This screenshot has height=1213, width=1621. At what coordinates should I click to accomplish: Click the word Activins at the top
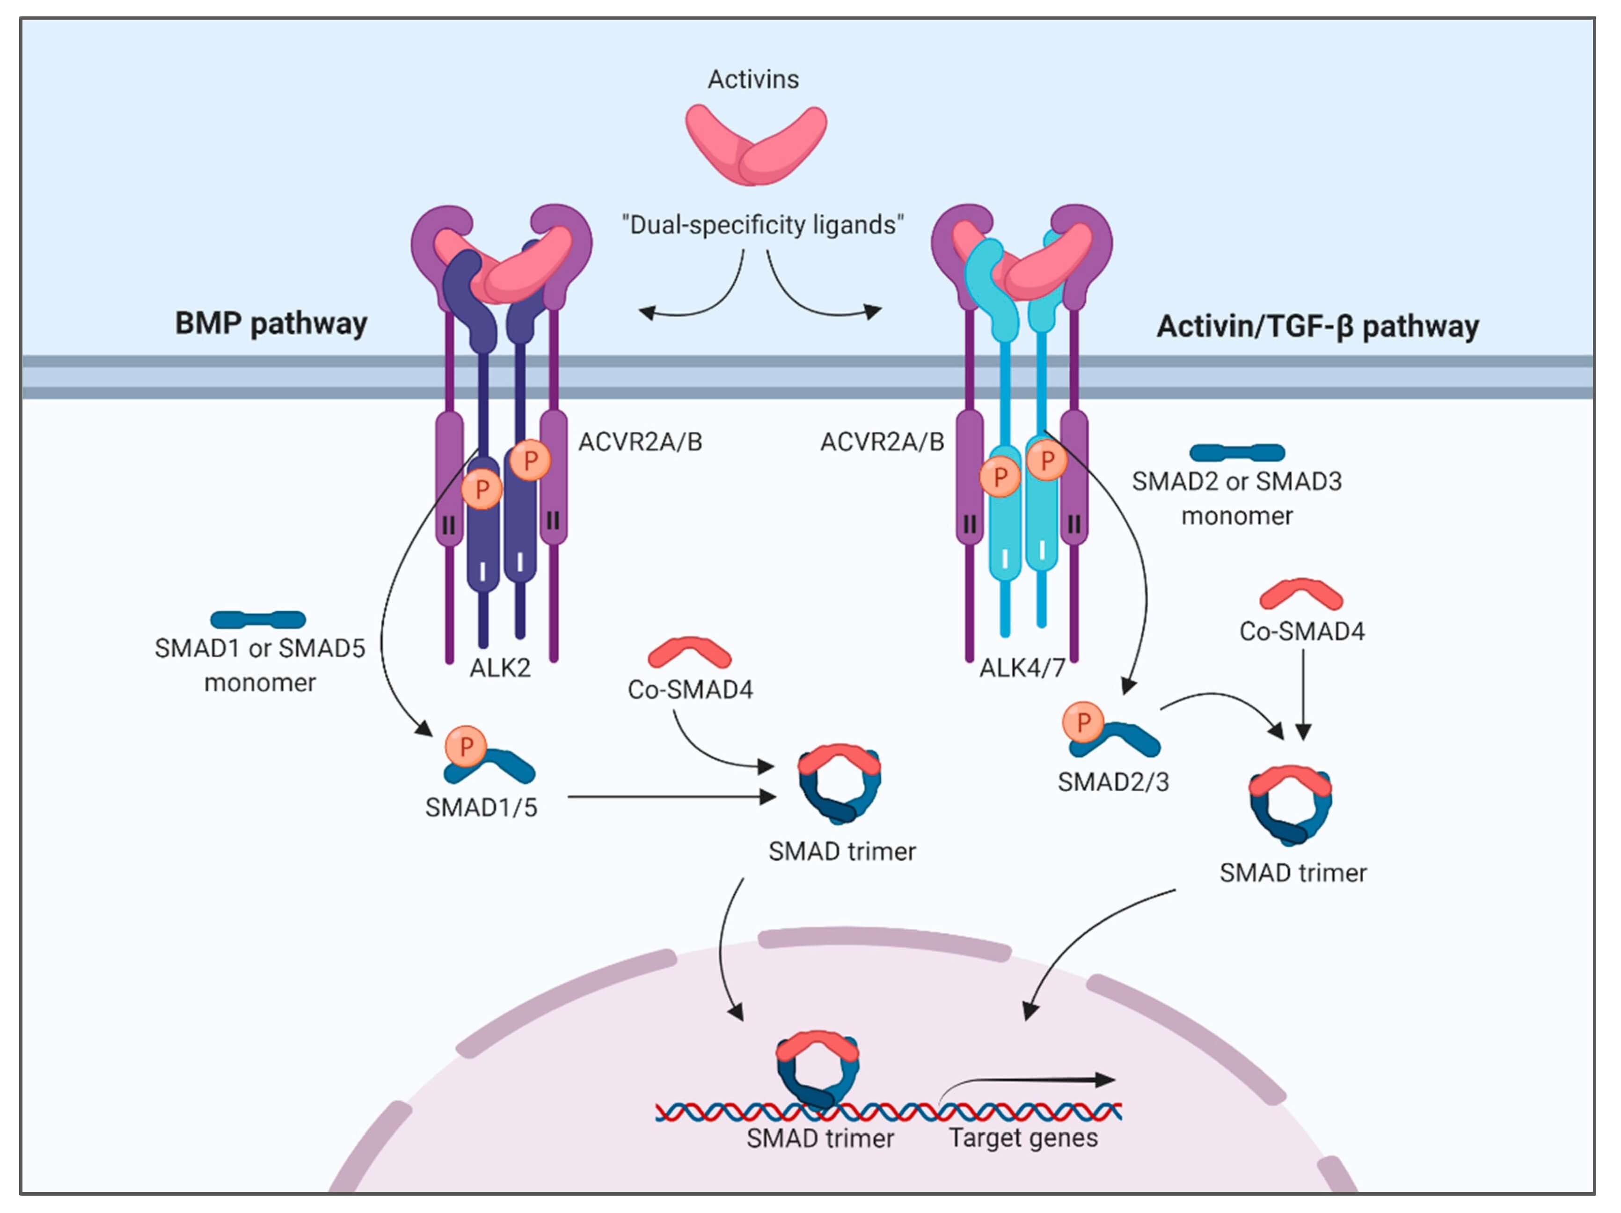point(752,79)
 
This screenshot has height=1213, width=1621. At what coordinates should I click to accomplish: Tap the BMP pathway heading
point(270,323)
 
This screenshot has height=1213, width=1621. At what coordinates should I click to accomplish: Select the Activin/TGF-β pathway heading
point(1317,326)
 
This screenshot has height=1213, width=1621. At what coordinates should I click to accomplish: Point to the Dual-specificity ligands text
point(762,224)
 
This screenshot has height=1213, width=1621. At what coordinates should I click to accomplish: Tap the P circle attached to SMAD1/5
point(465,746)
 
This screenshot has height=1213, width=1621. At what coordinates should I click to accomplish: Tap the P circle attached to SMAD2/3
point(1082,722)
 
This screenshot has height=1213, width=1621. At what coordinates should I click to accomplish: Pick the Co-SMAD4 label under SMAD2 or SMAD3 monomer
point(1301,631)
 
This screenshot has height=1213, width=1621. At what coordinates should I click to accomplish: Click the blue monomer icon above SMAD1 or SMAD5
point(258,619)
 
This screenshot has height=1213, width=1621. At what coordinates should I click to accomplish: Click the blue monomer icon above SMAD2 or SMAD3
point(1237,452)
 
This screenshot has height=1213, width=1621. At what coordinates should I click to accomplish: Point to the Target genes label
point(1023,1138)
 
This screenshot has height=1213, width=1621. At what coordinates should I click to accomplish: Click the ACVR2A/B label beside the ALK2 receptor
point(640,442)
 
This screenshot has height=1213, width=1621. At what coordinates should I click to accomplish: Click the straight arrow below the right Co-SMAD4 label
point(1302,692)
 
